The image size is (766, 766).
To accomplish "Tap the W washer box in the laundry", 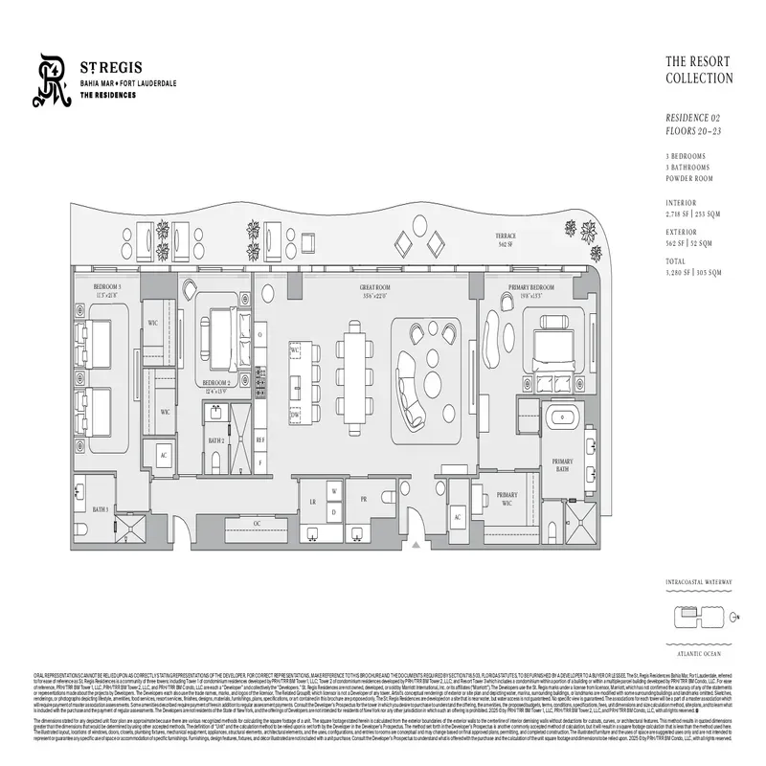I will (x=334, y=491).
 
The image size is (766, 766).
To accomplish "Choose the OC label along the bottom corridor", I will (x=257, y=523).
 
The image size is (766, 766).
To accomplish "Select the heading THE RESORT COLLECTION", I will (x=699, y=70).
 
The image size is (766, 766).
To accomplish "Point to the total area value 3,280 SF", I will (x=682, y=273).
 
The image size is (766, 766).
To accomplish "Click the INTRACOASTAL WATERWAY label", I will (x=699, y=582).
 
